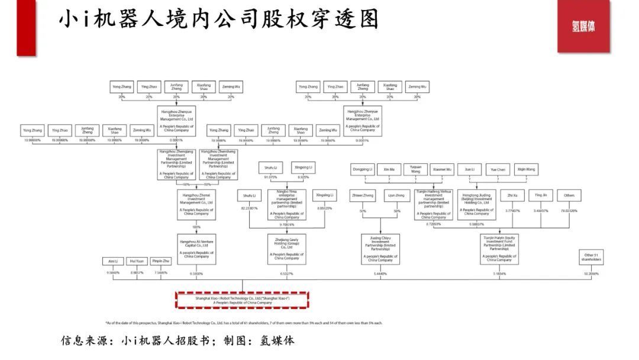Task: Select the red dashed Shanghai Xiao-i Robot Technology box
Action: coord(242,300)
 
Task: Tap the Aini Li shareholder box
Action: coord(112,261)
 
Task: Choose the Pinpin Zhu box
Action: coord(162,261)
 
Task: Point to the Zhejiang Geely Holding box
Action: coord(286,249)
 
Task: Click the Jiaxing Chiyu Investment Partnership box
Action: coord(380,249)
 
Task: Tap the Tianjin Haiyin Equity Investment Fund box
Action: coord(499,249)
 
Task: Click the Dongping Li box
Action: coord(362,169)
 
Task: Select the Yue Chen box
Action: coord(498,169)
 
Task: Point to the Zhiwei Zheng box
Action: coord(363,195)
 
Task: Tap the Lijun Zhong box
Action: coord(396,195)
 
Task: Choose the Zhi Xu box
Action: coord(512,195)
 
